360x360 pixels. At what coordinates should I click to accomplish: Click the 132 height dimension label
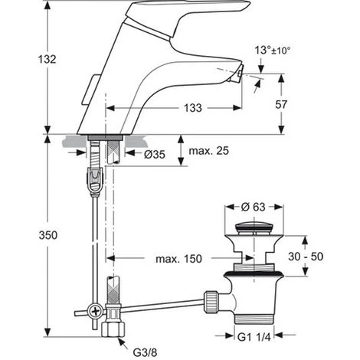[x=47, y=59]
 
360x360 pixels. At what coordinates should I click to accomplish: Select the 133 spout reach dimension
[x=193, y=108]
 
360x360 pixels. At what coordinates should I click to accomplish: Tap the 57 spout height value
[x=281, y=104]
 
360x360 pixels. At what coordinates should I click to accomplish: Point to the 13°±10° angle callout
[x=273, y=51]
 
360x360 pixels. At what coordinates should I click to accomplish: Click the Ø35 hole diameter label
[x=155, y=154]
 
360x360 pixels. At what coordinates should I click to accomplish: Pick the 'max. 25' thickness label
[x=208, y=151]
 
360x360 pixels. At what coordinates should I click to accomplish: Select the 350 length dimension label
[x=48, y=235]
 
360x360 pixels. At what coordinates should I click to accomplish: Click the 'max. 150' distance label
[x=178, y=259]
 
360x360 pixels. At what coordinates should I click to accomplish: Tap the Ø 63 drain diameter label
[x=253, y=207]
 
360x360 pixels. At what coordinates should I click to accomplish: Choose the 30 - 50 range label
[x=306, y=257]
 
